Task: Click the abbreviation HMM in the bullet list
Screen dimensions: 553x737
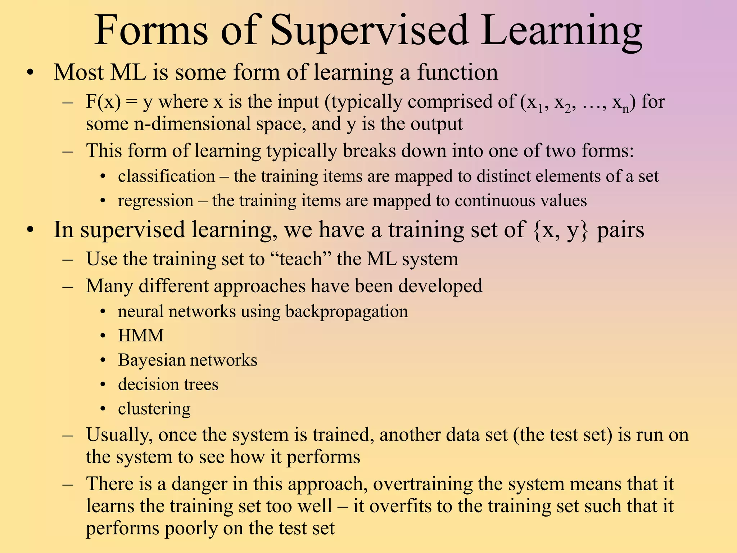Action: coord(141,336)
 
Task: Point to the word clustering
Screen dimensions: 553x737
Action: coord(154,409)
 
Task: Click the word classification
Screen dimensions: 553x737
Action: coord(166,176)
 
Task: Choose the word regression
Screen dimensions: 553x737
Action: coord(155,201)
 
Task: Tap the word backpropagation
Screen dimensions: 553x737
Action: coord(347,311)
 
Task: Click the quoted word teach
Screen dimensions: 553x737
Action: coord(300,259)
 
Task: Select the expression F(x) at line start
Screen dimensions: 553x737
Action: coord(103,102)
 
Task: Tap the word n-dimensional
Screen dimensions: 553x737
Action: coord(192,124)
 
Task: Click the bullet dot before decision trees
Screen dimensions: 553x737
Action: coord(103,385)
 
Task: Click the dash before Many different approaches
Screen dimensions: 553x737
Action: coord(68,287)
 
